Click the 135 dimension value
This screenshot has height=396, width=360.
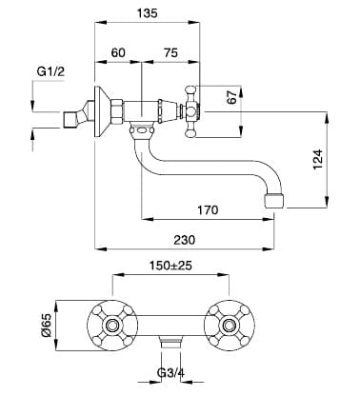[147, 13]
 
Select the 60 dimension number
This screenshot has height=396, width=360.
[118, 52]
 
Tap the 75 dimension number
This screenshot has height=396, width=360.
[170, 52]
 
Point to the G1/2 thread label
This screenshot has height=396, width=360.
[50, 71]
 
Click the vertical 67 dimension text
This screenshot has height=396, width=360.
[232, 97]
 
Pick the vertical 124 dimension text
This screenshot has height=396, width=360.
[318, 159]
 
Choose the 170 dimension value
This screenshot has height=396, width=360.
[208, 209]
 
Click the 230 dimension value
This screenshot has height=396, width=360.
[185, 240]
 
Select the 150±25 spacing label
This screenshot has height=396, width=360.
[170, 266]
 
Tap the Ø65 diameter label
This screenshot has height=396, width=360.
[46, 326]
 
